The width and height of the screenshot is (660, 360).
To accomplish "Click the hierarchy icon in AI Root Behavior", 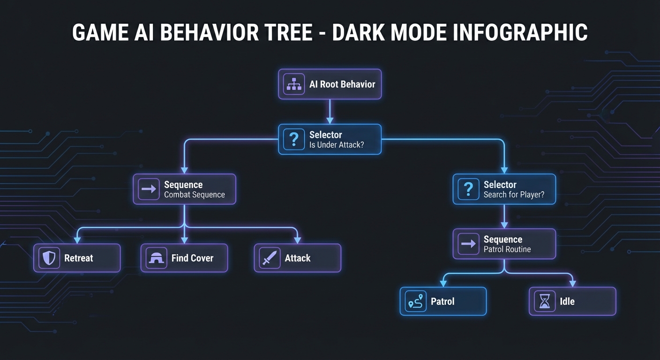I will [x=294, y=84].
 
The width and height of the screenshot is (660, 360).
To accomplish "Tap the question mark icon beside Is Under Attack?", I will [x=294, y=139].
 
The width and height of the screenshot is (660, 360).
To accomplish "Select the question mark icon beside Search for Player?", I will [x=468, y=189].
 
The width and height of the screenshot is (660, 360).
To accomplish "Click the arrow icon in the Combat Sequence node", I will [x=149, y=189].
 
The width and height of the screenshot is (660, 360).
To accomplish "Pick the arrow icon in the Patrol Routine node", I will [x=468, y=244].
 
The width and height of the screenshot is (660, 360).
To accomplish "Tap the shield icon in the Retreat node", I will [x=49, y=258].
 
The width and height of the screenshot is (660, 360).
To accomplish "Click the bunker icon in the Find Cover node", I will [x=156, y=258].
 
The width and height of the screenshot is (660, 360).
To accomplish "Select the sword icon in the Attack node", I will [x=270, y=258].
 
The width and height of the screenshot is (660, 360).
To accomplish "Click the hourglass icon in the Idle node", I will [x=545, y=301].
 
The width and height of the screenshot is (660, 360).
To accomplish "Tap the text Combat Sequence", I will [x=194, y=195].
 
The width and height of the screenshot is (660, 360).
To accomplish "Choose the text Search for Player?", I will [x=514, y=195].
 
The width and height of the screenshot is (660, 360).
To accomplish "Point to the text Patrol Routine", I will [x=507, y=249].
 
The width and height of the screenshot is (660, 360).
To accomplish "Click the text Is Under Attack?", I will [x=337, y=145].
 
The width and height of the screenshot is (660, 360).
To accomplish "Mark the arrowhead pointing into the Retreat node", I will [x=77, y=240].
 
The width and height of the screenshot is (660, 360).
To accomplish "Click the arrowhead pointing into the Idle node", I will [x=572, y=283].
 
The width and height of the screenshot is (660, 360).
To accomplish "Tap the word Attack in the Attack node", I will [x=298, y=258].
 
